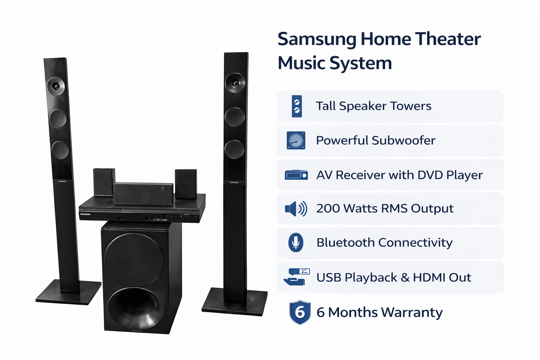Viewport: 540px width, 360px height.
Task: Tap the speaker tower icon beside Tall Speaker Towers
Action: coord(297,106)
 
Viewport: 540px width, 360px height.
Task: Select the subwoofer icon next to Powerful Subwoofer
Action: coord(296,140)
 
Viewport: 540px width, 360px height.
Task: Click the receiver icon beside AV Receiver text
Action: coord(296,175)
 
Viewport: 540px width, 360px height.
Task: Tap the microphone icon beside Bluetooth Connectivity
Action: coord(296,243)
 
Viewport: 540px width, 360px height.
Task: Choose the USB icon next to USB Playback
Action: coord(296,277)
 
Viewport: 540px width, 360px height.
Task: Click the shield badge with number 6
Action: coord(300,312)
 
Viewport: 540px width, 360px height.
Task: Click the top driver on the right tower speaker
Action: coord(235,83)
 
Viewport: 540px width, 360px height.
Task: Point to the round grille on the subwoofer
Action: coord(134,259)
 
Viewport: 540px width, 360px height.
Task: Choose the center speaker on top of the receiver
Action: coord(143,194)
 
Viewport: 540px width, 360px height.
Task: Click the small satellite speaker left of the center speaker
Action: coord(104,182)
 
